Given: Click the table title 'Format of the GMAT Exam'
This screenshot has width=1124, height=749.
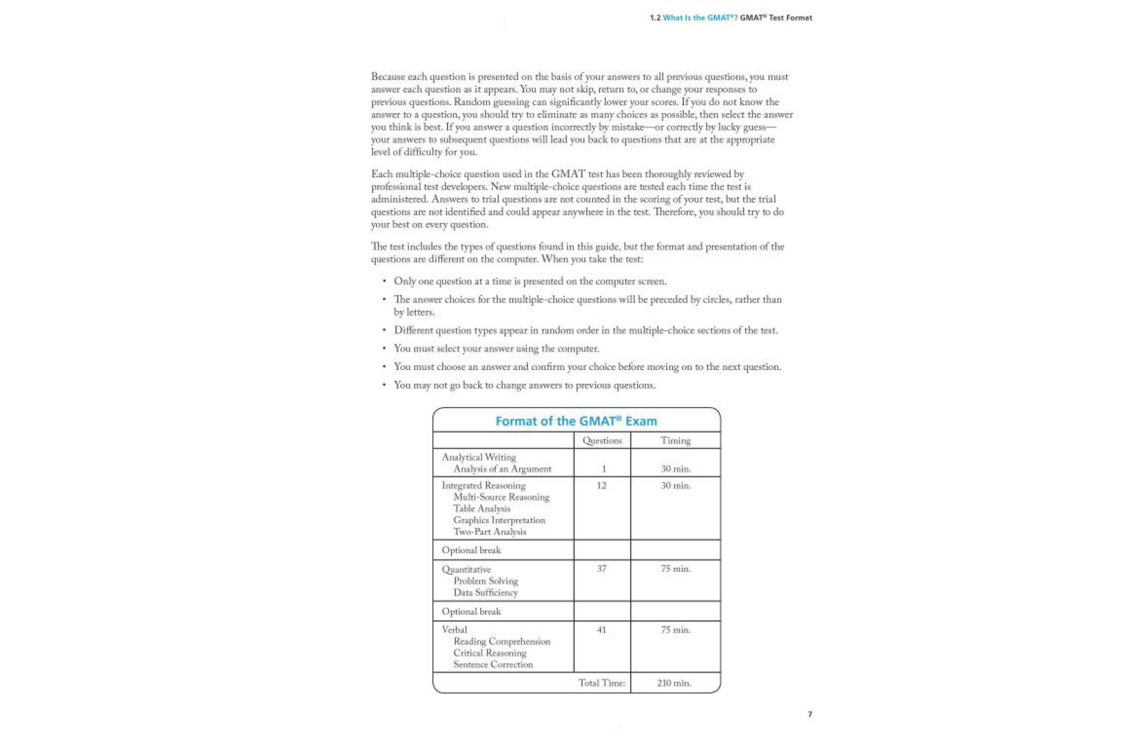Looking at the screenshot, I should click(576, 421).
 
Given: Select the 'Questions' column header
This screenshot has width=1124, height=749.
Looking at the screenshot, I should click(602, 441).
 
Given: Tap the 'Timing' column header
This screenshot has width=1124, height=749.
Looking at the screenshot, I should click(676, 441).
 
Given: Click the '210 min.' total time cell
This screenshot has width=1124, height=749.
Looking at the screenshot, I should click(674, 683).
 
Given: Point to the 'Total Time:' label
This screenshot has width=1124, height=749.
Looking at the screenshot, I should click(601, 683).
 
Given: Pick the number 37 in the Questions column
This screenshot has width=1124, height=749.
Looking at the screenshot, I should click(601, 569).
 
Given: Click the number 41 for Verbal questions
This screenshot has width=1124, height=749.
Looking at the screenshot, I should click(601, 630).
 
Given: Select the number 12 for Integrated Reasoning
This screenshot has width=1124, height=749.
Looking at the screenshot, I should click(601, 486).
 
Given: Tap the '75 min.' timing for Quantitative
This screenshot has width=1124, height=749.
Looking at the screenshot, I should click(676, 569).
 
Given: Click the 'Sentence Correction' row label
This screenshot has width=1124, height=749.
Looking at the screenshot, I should click(493, 665).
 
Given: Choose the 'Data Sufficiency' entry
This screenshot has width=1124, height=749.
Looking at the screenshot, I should click(485, 593).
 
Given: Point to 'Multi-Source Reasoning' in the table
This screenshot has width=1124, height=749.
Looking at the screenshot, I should click(501, 497).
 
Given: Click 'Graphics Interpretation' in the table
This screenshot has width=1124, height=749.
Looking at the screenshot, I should click(499, 521).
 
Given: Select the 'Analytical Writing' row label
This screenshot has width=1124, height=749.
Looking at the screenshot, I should click(479, 458).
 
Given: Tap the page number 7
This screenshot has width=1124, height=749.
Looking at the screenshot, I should click(810, 714).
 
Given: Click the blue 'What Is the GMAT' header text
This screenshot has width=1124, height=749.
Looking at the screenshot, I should click(699, 18).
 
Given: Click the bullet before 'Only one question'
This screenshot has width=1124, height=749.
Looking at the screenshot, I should click(384, 281).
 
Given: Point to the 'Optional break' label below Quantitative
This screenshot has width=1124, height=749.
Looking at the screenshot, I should click(471, 612).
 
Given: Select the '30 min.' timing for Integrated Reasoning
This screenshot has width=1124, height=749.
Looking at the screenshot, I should click(676, 486).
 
